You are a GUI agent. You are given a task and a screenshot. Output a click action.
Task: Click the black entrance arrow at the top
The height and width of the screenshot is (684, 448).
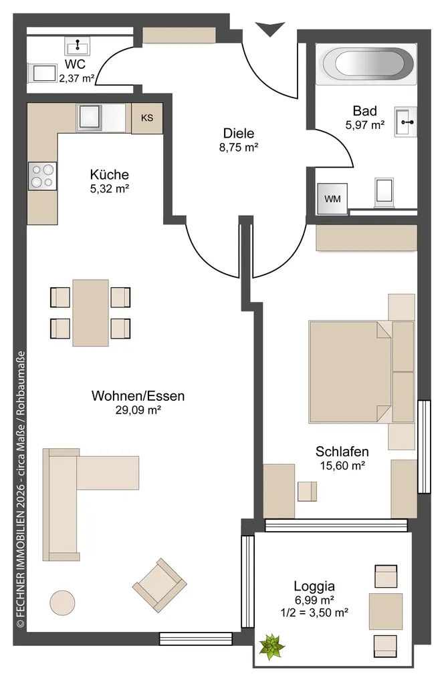270,29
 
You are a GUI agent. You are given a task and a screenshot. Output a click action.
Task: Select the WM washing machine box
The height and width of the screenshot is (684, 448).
333,199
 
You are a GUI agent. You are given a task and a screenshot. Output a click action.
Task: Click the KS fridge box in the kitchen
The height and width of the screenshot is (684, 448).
147,118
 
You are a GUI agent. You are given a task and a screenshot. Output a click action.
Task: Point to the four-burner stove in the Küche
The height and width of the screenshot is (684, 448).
42,176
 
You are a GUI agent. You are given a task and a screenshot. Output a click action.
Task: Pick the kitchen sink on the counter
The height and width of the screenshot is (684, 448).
90,118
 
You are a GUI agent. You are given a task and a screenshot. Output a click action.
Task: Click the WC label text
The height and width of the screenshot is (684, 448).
75,64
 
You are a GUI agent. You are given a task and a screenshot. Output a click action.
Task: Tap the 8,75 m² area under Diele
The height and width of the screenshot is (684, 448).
239,148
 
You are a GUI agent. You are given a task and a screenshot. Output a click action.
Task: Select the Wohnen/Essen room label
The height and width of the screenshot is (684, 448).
138,395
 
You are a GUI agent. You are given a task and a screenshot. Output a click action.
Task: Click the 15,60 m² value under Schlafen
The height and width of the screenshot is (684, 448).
342,466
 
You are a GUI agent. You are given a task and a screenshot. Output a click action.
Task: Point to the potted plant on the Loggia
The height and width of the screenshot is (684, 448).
271,647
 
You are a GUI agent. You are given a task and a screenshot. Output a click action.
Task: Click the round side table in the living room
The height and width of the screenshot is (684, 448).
62,603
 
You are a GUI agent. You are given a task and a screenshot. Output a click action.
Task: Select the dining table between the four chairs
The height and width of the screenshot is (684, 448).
90,313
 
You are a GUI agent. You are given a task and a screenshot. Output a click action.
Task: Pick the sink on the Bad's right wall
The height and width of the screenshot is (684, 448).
406,122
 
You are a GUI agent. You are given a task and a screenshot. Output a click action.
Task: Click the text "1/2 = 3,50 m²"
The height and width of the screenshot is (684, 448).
314,613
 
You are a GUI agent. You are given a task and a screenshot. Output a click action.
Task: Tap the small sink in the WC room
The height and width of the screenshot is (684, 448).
78,46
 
